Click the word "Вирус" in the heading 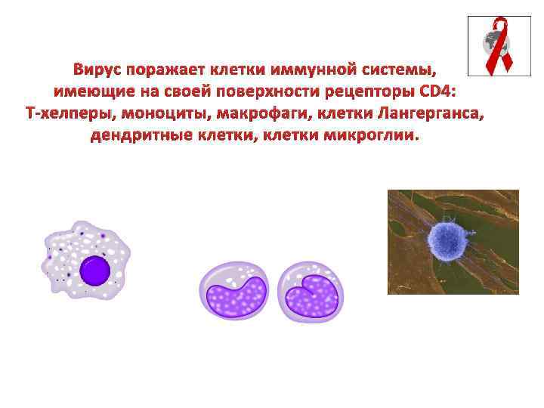coord(99,70)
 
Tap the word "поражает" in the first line coord(166,70)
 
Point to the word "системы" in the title coord(393,70)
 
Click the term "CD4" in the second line coord(444,93)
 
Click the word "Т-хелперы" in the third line coord(64,115)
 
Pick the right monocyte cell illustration coord(311,290)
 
